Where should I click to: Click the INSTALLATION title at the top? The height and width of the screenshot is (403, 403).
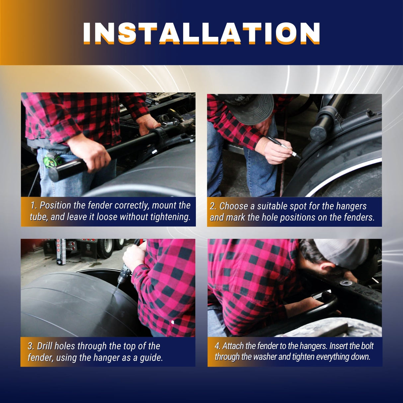coord(201,33)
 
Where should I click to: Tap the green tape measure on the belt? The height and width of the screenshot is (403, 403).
coord(51,160)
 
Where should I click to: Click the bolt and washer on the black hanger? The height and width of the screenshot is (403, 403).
coord(346,283)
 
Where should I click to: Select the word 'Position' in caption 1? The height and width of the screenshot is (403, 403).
coord(55,205)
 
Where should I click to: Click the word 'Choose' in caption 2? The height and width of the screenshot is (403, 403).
coord(234,206)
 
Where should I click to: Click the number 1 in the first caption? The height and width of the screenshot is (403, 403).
coord(33,205)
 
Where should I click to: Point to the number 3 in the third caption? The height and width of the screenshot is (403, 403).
coord(31,346)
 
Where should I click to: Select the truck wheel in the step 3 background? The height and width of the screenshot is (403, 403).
coord(106,248)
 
